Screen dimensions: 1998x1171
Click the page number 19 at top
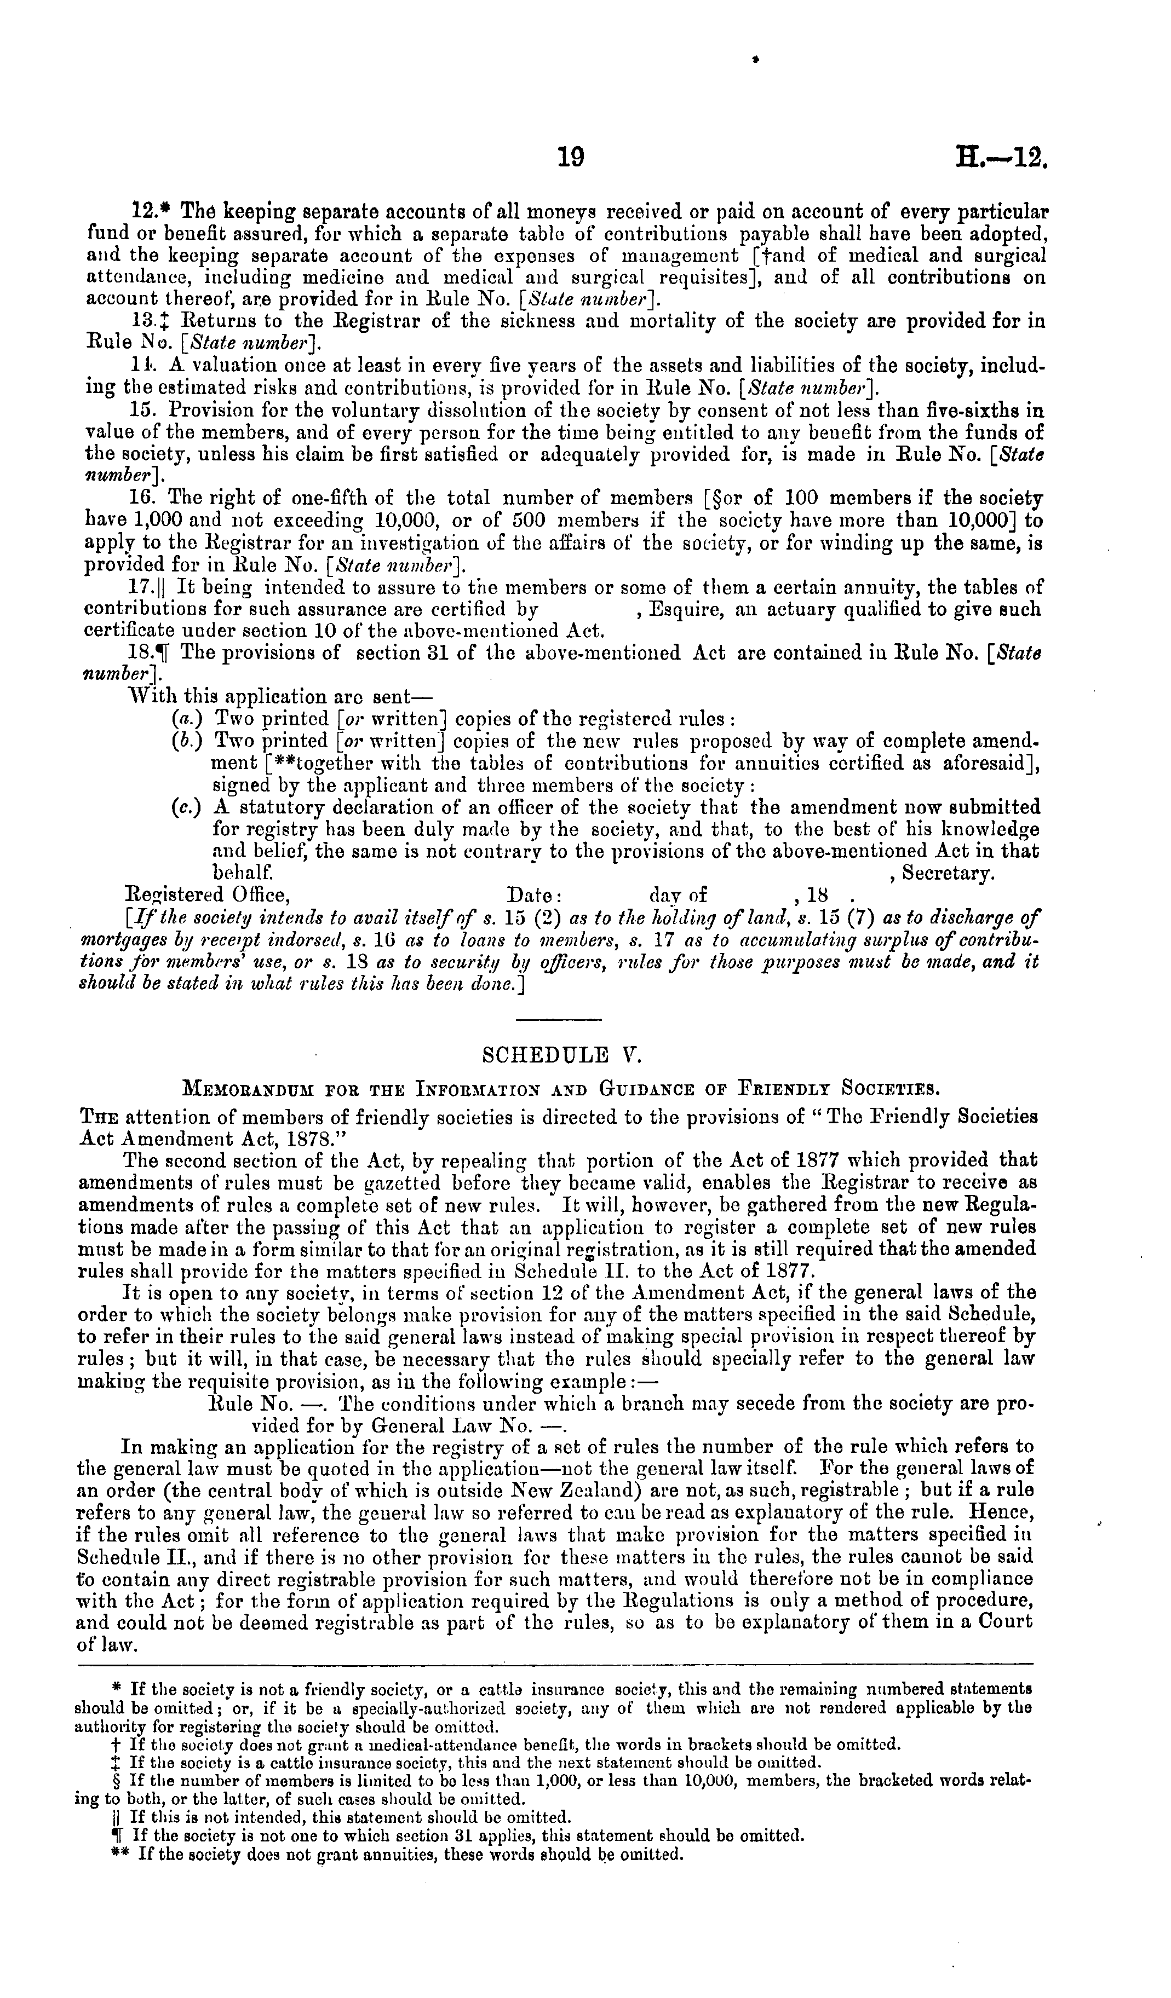(x=570, y=158)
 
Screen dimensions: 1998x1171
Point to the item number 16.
(x=140, y=499)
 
